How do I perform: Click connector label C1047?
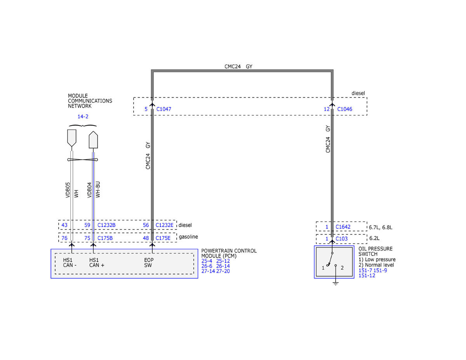coord(163,109)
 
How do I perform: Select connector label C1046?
coord(344,109)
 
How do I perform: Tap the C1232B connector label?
coord(106,225)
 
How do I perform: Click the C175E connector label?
coord(163,238)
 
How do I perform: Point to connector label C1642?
coord(343,227)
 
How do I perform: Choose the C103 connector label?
coord(341,239)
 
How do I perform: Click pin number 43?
coord(64,225)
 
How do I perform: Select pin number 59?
coord(87,225)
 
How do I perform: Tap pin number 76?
coord(64,238)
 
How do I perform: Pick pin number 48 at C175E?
coord(146,238)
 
